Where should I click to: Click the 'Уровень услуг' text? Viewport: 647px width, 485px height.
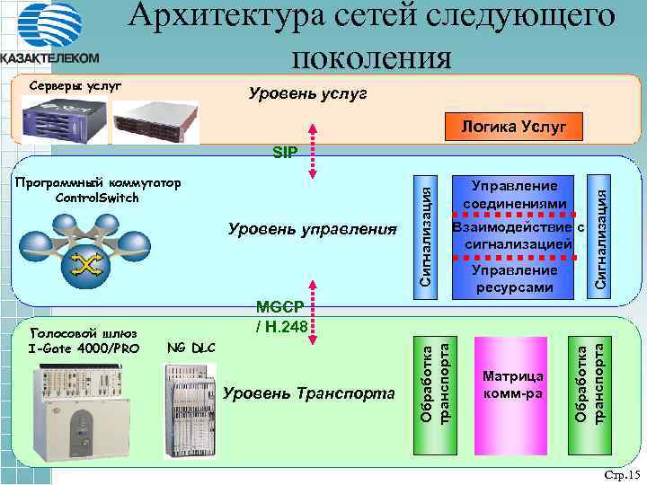pos(307,94)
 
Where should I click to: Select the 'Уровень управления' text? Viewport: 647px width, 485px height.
pos(312,230)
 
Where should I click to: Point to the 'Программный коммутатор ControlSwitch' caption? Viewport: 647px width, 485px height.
pos(98,190)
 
